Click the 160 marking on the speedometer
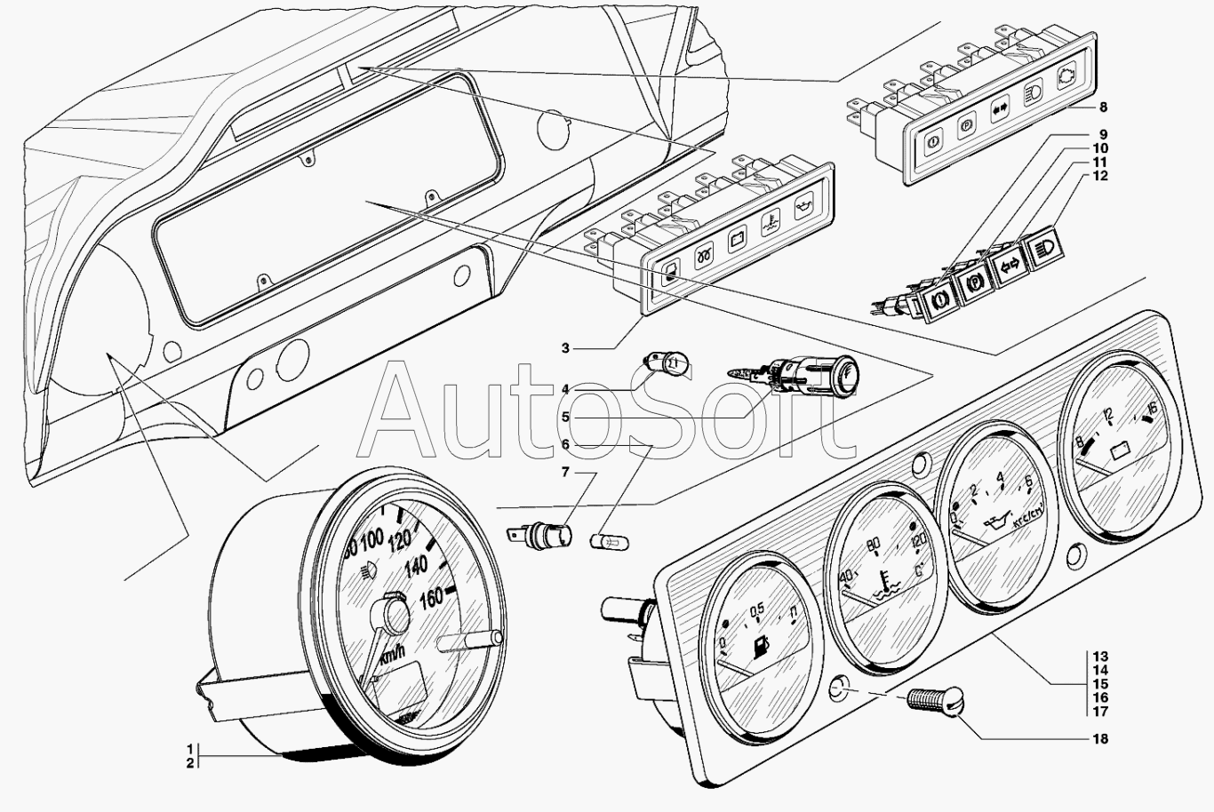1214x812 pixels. pyautogui.click(x=432, y=597)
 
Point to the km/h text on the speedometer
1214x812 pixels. pyautogui.click(x=393, y=656)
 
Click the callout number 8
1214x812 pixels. pyautogui.click(x=1103, y=107)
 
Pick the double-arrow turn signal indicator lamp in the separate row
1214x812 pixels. pyautogui.click(x=1008, y=265)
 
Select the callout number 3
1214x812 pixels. pyautogui.click(x=565, y=348)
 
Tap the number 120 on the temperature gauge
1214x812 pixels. pyautogui.click(x=918, y=538)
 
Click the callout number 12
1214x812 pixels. pyautogui.click(x=1100, y=175)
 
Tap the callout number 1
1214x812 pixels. pyautogui.click(x=189, y=748)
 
